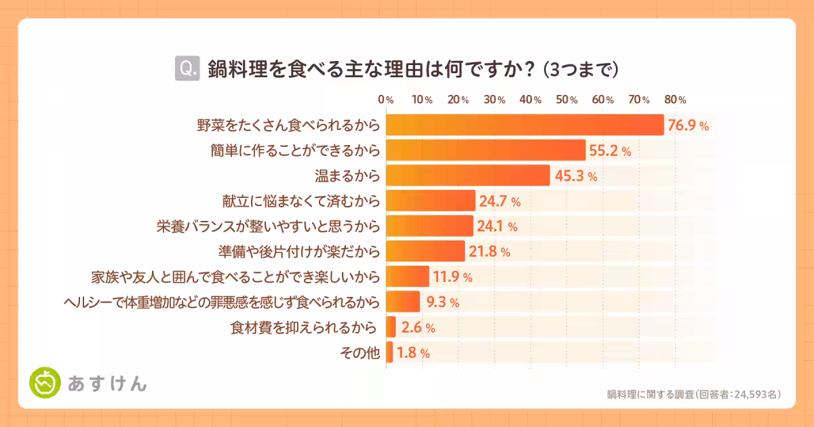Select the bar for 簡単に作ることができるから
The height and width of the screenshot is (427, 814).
pos(486,150)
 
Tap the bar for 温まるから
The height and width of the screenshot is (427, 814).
pos(468,176)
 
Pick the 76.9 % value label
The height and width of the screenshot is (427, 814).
pos(689,125)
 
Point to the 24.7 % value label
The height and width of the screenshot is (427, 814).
pos(500,201)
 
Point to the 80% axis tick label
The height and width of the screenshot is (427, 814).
pos(676,100)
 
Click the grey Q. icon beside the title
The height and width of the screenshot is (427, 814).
pos(187,68)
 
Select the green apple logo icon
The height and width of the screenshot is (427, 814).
pos(45,384)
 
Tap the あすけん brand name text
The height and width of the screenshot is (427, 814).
pos(107,384)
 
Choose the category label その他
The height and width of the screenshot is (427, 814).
pos(359,352)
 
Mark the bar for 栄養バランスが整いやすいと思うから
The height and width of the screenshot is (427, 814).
pos(429,226)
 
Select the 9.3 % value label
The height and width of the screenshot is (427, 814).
pos(442,302)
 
